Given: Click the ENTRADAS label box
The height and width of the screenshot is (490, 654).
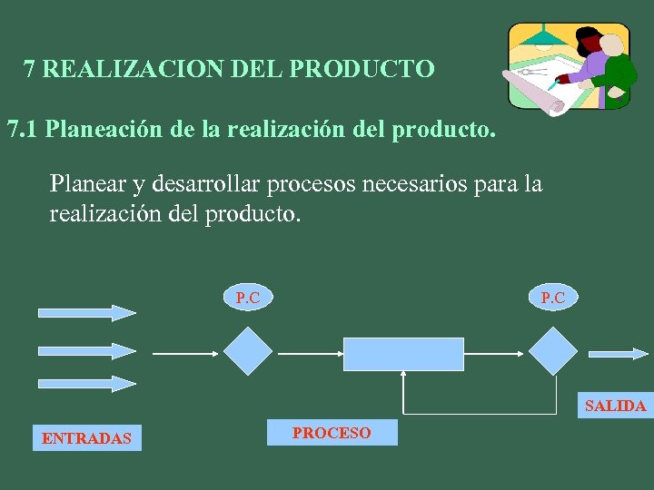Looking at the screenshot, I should coord(86,438).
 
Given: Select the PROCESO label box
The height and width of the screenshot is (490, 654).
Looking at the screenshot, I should coord(332,433).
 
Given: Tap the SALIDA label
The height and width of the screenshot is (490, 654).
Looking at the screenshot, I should coord(615,406).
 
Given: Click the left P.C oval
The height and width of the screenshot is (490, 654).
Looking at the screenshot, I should coord(248,297).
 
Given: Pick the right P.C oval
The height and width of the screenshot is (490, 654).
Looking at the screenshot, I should coord(552,297).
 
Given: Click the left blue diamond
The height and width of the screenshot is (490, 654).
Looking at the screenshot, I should coord(248,351).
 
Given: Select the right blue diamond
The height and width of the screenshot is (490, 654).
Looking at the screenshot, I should coord(552,351).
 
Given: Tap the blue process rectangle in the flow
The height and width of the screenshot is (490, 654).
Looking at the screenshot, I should coord(403,354).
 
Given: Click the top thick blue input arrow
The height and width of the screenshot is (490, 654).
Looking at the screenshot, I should coord(86,313).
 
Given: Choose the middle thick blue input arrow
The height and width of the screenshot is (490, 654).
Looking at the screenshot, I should coord(86,349).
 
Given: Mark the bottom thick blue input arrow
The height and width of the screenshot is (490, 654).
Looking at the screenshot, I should coord(86,383).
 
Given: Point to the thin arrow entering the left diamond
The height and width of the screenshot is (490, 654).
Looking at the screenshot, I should coord(185,352).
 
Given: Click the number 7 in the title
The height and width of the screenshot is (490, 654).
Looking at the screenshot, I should coord(30,69).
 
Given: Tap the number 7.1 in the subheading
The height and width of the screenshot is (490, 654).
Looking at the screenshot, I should coord(22,130).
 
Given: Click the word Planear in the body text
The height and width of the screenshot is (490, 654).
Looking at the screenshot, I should coord(88,184).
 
